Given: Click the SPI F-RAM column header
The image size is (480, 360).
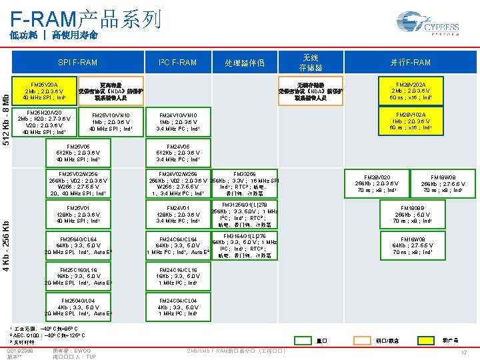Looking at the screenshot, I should click(77, 63).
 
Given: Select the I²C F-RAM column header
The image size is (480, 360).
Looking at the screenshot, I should click(178, 63).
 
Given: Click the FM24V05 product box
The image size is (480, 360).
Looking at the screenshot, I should click(179, 153).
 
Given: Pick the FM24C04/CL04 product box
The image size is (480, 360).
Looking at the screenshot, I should click(179, 306).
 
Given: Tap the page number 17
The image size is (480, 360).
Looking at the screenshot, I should click(464, 351).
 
